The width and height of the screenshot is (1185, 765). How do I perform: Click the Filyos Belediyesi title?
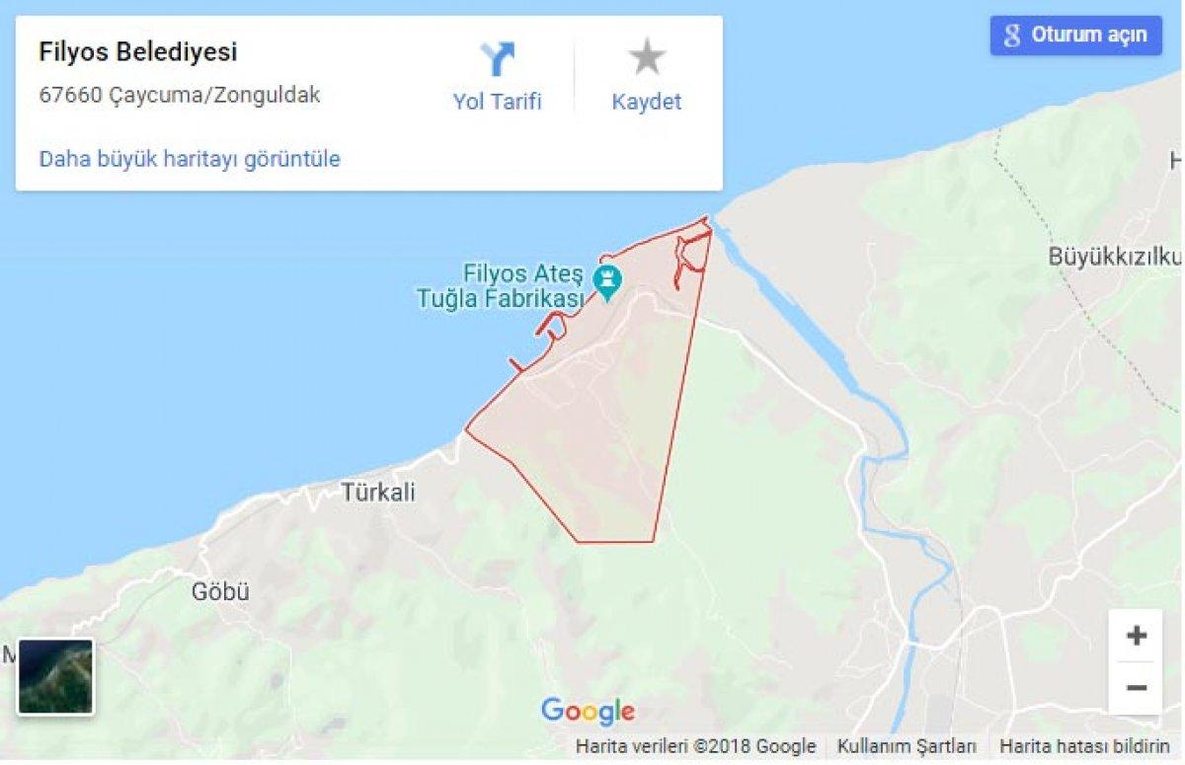138,52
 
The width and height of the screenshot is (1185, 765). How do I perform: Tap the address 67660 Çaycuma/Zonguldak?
180,96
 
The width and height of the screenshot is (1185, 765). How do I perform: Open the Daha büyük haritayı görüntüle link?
190,159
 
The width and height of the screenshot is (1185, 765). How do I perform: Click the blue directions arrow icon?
498,59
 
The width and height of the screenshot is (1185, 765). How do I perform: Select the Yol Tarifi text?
498,102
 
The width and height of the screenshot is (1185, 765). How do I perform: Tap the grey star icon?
647,57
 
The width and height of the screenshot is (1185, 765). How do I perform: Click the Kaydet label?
647,102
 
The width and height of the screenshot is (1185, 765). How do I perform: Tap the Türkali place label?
378,492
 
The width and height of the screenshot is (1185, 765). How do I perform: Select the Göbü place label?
220,592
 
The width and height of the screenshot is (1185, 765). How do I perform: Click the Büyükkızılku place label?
1114,257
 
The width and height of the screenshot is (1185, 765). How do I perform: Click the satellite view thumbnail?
56,676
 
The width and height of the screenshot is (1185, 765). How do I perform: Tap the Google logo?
588,711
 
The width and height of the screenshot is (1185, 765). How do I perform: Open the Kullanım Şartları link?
907,746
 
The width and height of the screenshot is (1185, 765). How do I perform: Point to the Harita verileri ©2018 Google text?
695,746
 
